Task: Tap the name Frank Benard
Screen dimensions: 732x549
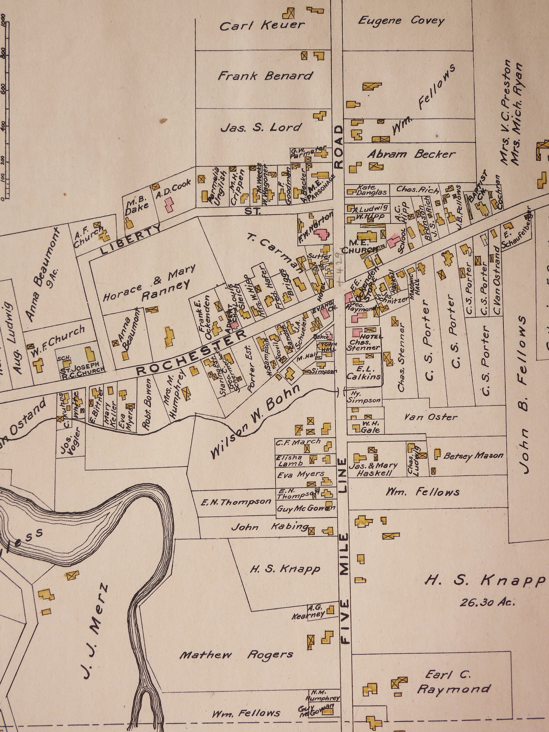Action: pyautogui.click(x=265, y=76)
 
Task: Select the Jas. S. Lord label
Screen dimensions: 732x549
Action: pyautogui.click(x=261, y=128)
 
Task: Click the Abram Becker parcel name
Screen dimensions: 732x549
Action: pyautogui.click(x=411, y=154)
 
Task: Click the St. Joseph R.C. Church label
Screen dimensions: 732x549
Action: pyautogui.click(x=83, y=367)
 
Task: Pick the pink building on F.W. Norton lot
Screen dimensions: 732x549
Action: pyautogui.click(x=322, y=233)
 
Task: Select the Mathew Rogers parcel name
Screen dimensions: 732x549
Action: pyautogui.click(x=237, y=655)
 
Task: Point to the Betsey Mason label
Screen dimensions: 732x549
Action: pyautogui.click(x=473, y=455)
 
